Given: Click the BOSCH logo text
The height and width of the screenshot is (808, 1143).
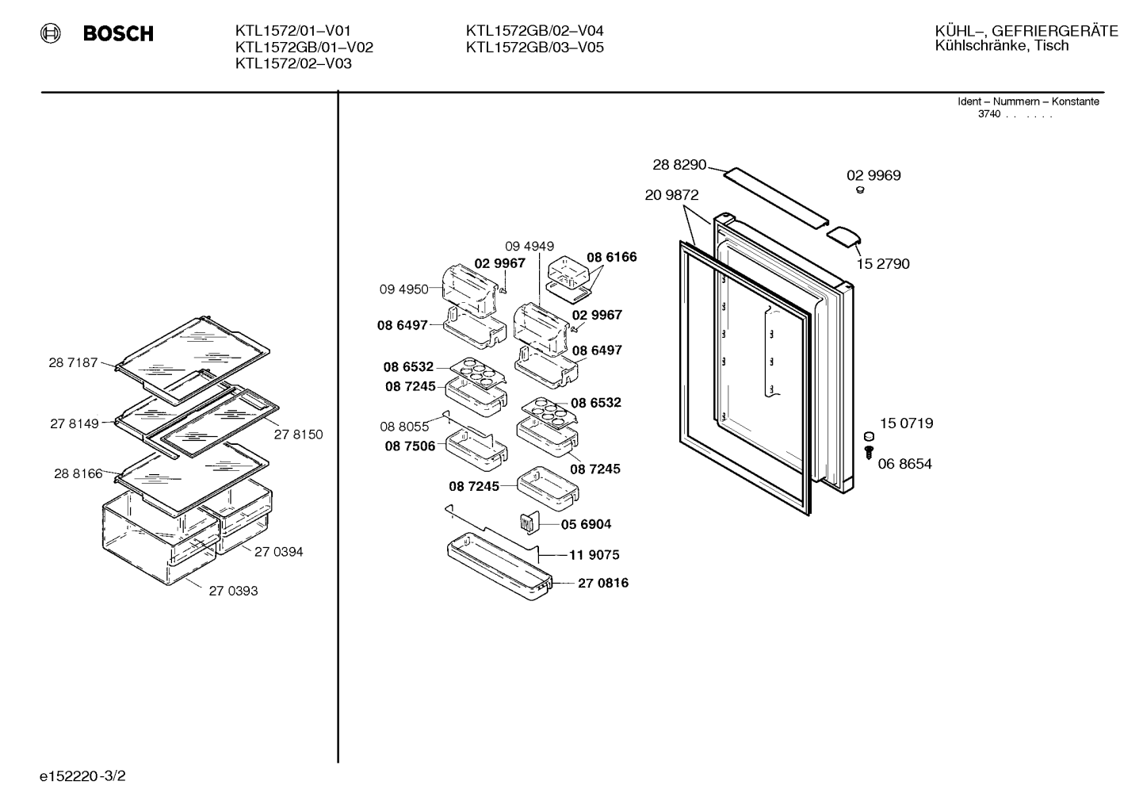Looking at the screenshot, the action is (x=118, y=33).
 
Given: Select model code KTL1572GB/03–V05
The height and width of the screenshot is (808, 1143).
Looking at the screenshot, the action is (x=535, y=48).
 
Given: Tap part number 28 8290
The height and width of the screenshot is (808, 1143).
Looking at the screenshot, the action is (x=679, y=164).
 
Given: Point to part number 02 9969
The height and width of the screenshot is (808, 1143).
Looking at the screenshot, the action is (x=873, y=175).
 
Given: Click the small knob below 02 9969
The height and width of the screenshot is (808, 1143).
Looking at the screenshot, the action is (x=860, y=190).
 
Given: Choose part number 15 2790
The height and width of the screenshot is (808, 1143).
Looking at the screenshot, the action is (x=883, y=264).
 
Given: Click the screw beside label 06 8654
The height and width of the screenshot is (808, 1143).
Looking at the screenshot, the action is (x=869, y=452).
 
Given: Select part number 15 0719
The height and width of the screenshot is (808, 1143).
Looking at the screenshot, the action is (x=906, y=423).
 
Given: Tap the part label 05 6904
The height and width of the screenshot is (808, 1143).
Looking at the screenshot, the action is (x=586, y=524).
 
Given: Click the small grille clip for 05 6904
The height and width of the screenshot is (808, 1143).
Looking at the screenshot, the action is (x=529, y=523).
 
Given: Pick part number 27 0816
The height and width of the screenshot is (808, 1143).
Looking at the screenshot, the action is (x=603, y=583).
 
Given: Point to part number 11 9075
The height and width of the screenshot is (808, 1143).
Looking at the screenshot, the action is (x=594, y=555).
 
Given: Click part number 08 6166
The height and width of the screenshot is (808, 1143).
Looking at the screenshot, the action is (x=612, y=257).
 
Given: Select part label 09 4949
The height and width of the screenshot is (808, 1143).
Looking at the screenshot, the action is (x=529, y=247).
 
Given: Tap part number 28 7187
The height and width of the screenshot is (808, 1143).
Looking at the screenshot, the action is (x=73, y=362).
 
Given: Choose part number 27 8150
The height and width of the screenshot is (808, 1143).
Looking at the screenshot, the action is (x=299, y=435).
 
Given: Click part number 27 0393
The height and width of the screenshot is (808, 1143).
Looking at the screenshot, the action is (x=233, y=591).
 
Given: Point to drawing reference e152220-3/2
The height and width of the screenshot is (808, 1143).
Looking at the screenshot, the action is (x=82, y=776).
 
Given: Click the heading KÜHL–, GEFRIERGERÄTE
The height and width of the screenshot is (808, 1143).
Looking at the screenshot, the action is (x=1026, y=31).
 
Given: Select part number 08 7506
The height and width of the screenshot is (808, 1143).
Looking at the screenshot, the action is (x=410, y=446).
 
